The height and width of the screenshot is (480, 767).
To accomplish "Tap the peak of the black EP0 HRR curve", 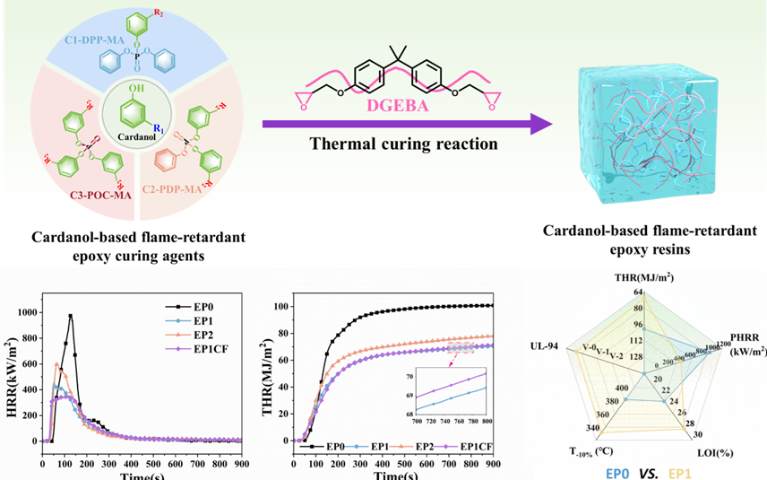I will point(70,315).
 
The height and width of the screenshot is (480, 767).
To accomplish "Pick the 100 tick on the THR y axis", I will point(285,307).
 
